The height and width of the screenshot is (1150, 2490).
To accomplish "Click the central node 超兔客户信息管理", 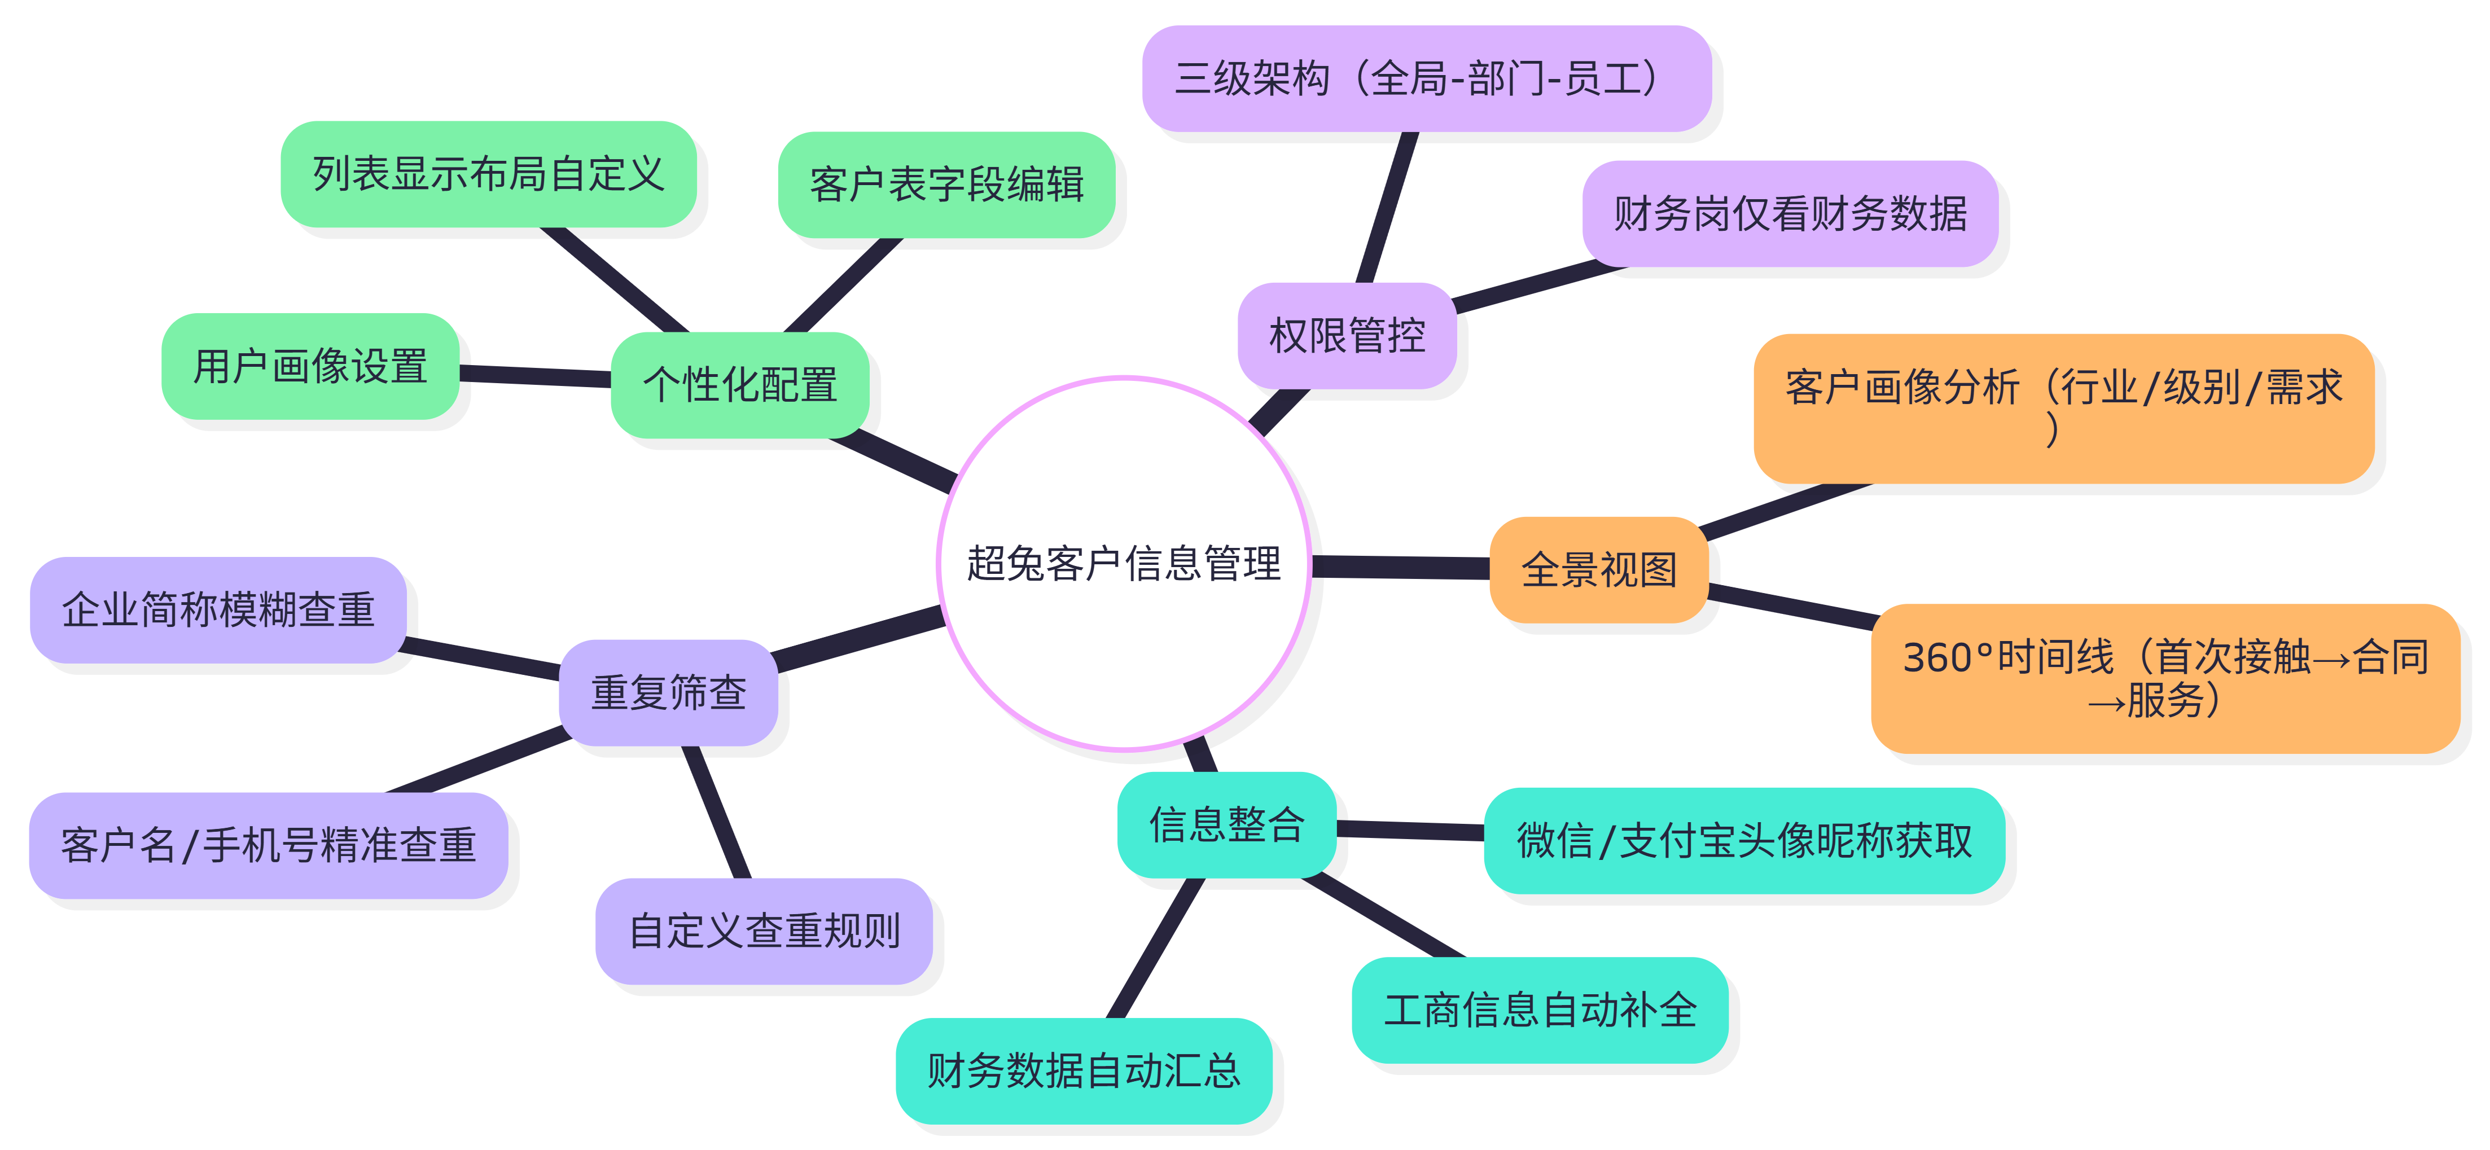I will tap(1123, 563).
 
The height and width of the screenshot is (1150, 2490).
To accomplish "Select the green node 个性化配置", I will tap(739, 385).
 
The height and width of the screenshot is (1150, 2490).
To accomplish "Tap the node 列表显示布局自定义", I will tap(488, 174).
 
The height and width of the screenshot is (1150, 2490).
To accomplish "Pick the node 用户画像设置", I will tap(309, 366).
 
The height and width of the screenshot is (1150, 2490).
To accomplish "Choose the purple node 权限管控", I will tap(1347, 335).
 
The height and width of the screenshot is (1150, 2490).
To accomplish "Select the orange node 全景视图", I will tap(1599, 569).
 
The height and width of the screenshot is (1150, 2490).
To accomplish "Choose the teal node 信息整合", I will tap(1226, 824).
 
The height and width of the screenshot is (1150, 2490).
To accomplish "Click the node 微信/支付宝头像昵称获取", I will tap(1744, 840).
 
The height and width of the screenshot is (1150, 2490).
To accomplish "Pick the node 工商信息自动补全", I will tap(1539, 1010).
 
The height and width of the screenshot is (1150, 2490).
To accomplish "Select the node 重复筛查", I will tap(668, 692).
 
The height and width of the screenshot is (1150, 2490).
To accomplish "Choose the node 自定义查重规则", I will tap(764, 930).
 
